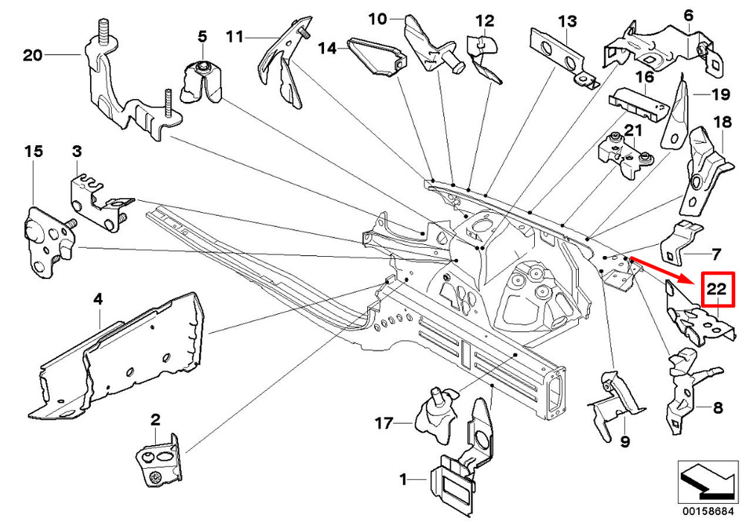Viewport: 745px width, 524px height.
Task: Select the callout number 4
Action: (98, 300)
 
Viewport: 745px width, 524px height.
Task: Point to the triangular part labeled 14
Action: (379, 57)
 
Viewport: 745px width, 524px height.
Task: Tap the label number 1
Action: (403, 481)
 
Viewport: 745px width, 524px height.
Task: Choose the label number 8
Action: (717, 408)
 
